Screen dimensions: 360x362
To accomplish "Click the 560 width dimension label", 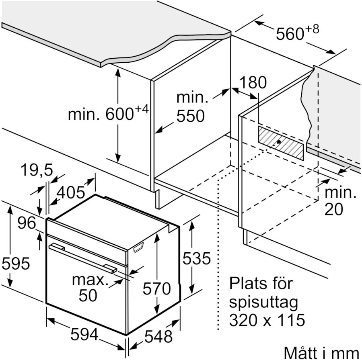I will [x=290, y=34].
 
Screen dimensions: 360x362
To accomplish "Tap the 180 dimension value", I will [x=253, y=82].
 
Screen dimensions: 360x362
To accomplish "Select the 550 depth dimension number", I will [x=190, y=117].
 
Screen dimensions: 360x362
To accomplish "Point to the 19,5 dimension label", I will [x=37, y=171].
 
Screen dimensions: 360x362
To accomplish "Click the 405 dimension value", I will [x=71, y=193].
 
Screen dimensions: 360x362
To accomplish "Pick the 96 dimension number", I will [x=27, y=223].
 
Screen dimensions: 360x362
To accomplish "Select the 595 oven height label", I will [x=16, y=264].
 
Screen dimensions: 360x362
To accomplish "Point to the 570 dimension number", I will [x=157, y=288].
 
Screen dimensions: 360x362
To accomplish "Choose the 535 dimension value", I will [x=197, y=259].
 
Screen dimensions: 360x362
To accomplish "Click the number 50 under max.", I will [x=88, y=295].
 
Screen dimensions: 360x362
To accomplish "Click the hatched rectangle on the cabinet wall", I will [x=281, y=143].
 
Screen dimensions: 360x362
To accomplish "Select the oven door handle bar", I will [x=83, y=258].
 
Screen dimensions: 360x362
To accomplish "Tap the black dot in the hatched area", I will [x=279, y=142].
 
